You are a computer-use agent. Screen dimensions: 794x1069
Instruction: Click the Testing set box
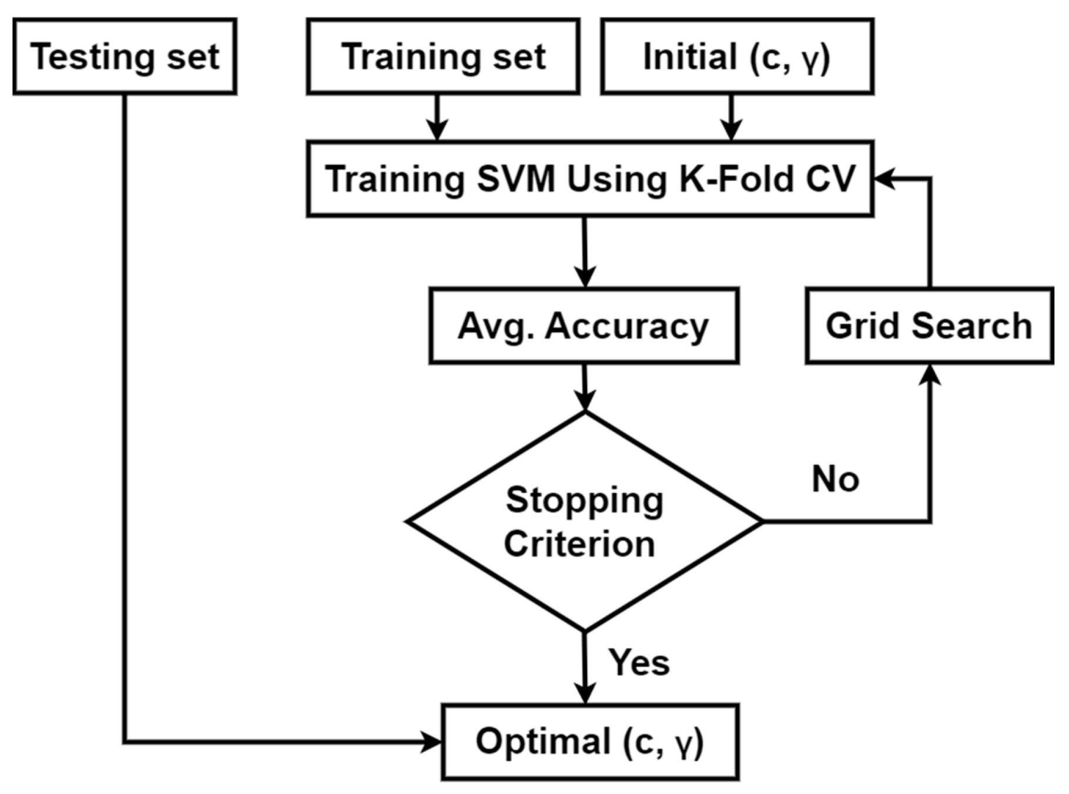pyautogui.click(x=125, y=56)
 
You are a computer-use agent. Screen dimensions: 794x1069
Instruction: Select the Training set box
pyautogui.click(x=443, y=56)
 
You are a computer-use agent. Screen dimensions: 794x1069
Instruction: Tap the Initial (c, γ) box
pyautogui.click(x=737, y=56)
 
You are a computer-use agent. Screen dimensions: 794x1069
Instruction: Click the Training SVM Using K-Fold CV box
pyautogui.click(x=589, y=179)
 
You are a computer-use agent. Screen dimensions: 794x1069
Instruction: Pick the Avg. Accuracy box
pyautogui.click(x=584, y=326)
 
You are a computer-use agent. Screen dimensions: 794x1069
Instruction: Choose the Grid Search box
pyautogui.click(x=929, y=326)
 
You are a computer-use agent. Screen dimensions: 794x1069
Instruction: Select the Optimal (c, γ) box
pyautogui.click(x=590, y=742)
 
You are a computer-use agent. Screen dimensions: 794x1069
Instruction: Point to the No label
pyautogui.click(x=835, y=480)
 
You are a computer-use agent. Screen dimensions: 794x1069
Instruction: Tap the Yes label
pyautogui.click(x=639, y=663)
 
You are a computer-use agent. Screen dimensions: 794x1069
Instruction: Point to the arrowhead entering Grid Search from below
pyautogui.click(x=930, y=374)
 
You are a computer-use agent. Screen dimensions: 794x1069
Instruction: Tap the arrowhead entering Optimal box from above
pyautogui.click(x=585, y=694)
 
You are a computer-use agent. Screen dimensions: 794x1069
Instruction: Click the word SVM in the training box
pyautogui.click(x=515, y=179)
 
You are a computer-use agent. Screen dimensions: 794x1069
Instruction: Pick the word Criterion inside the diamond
pyautogui.click(x=579, y=544)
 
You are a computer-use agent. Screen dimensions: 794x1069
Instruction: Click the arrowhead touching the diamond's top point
pyautogui.click(x=585, y=401)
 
